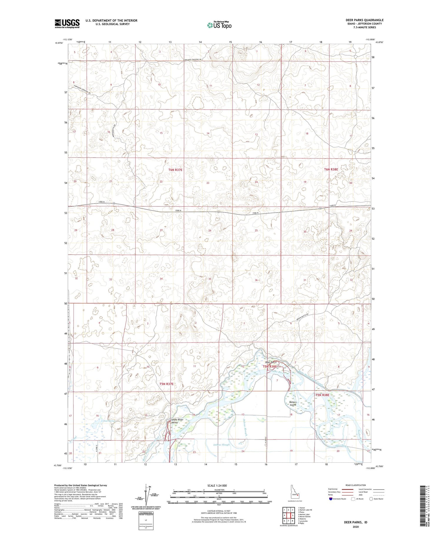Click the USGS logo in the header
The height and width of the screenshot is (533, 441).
point(67,24)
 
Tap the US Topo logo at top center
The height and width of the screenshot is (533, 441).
point(219,25)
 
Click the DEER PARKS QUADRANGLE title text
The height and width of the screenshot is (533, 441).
point(364,20)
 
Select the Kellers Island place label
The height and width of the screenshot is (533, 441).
point(293,403)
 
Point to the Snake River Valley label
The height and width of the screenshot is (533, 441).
point(177,421)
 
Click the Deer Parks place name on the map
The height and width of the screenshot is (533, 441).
point(271,362)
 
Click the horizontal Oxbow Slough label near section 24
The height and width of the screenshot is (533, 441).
point(221,445)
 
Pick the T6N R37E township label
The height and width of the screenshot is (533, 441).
point(175,170)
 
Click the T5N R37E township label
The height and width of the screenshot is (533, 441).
point(166,384)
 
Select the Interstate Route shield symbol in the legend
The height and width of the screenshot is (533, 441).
point(330,499)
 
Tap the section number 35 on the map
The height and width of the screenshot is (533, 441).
point(210,279)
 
